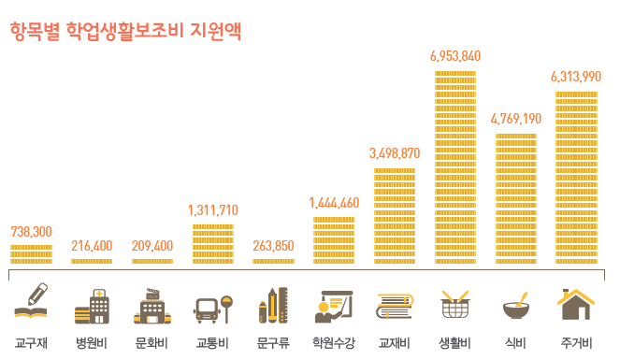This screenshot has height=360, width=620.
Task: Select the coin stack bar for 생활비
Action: point(455,166)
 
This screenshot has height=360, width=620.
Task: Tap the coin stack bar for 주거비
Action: point(576,177)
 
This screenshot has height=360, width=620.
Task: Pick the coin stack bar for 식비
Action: point(515,198)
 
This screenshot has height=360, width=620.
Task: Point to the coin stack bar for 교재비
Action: point(395,215)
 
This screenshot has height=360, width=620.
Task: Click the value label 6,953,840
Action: point(455,56)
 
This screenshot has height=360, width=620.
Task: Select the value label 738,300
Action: point(31,231)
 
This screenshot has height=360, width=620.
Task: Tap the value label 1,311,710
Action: point(213,209)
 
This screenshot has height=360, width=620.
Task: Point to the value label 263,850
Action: point(273,246)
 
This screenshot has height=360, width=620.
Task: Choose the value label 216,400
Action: point(92,246)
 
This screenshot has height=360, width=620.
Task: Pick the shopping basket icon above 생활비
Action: point(455,304)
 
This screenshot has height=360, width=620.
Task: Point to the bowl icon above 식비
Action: point(515,305)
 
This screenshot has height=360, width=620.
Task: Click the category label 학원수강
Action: point(334,342)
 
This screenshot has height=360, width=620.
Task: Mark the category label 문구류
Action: point(273,342)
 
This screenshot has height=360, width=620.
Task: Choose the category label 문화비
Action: point(151,342)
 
